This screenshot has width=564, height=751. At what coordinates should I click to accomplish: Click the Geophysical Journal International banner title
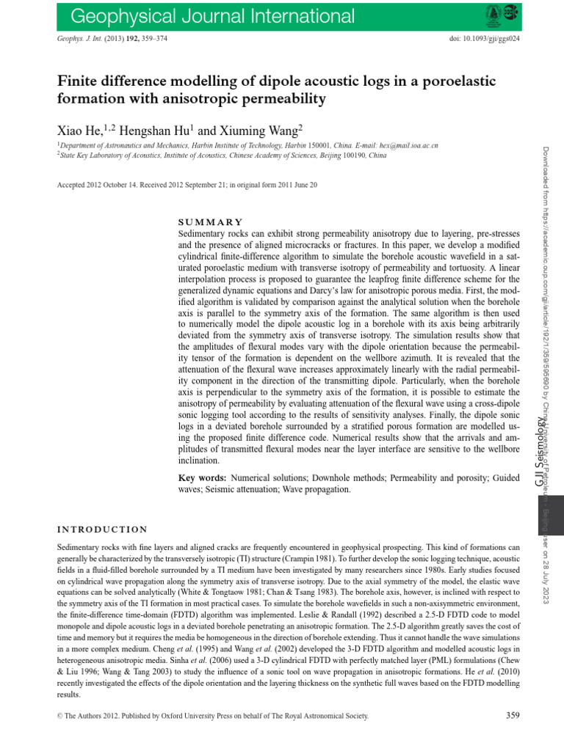(x=202, y=16)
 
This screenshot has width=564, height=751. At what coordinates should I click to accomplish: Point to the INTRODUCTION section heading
(x=102, y=530)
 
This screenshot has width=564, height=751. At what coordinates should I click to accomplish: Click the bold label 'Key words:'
(x=203, y=477)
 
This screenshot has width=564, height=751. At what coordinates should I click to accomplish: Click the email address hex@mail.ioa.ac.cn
(x=403, y=146)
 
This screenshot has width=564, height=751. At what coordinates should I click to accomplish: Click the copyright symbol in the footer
(x=60, y=716)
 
